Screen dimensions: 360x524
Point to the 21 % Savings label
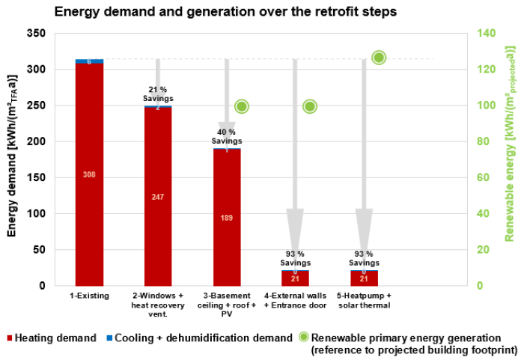coord(158,94)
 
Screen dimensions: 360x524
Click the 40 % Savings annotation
coord(227,137)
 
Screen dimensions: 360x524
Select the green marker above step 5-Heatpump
coord(379,58)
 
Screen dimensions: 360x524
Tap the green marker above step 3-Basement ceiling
coord(242,106)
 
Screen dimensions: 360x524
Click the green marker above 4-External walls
coord(310,106)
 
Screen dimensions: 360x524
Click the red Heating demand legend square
coord(11,338)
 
